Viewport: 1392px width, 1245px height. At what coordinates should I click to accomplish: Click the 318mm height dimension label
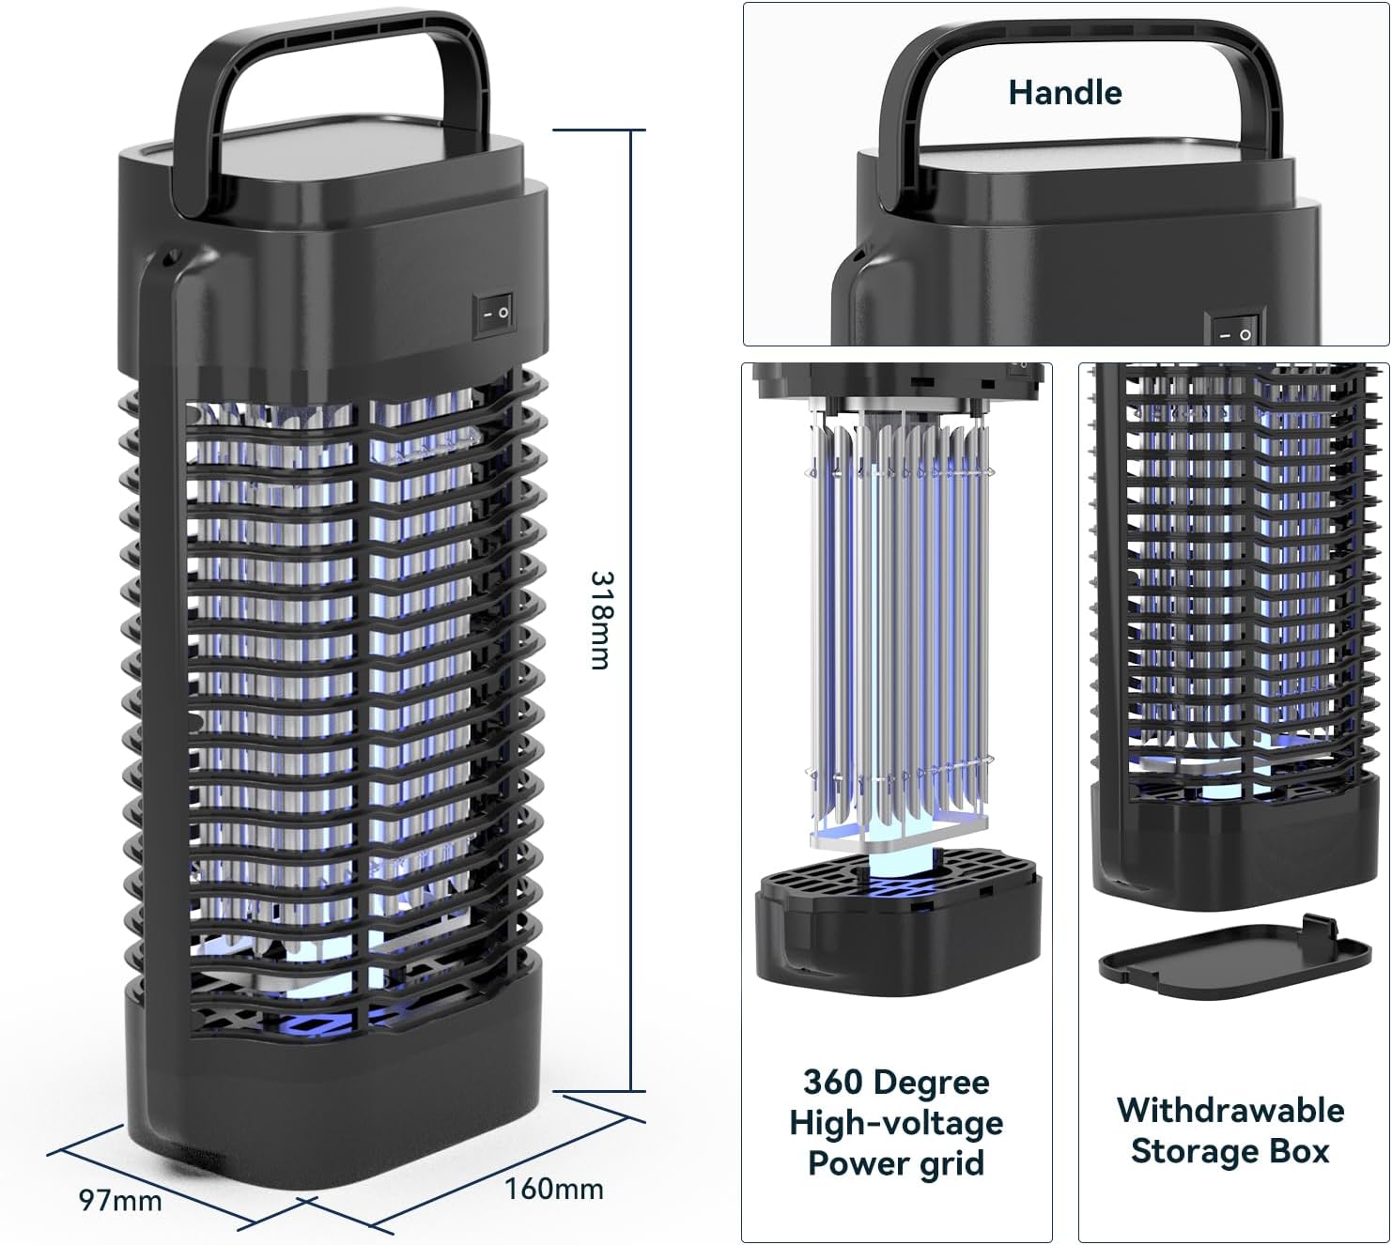coord(601,620)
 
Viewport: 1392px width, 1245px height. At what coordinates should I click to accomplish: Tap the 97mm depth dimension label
coord(121,1200)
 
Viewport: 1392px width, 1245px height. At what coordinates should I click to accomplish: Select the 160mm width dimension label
coord(554,1189)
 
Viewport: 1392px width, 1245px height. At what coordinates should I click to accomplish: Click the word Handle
coord(1065,93)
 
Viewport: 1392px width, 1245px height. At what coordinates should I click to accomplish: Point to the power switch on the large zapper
coord(493,314)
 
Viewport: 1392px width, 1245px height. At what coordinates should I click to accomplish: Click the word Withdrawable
coord(1230,1111)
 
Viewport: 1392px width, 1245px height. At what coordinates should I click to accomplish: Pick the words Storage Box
coord(1230,1152)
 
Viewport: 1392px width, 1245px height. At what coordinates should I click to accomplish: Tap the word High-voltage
coord(896,1124)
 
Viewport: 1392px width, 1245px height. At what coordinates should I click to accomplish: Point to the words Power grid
coord(896,1164)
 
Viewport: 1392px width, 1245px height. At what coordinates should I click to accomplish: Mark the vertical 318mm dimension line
coord(631,609)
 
